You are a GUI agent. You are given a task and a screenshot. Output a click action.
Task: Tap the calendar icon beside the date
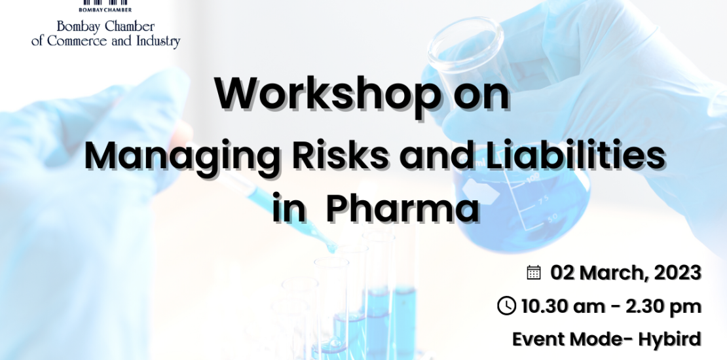click(534, 272)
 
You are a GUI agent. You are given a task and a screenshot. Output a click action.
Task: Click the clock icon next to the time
click(506, 306)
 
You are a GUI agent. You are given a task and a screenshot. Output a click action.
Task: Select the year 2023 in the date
click(677, 273)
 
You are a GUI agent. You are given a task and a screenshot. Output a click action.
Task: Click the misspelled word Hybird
click(669, 339)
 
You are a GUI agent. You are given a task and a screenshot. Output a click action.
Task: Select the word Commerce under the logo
click(78, 41)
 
